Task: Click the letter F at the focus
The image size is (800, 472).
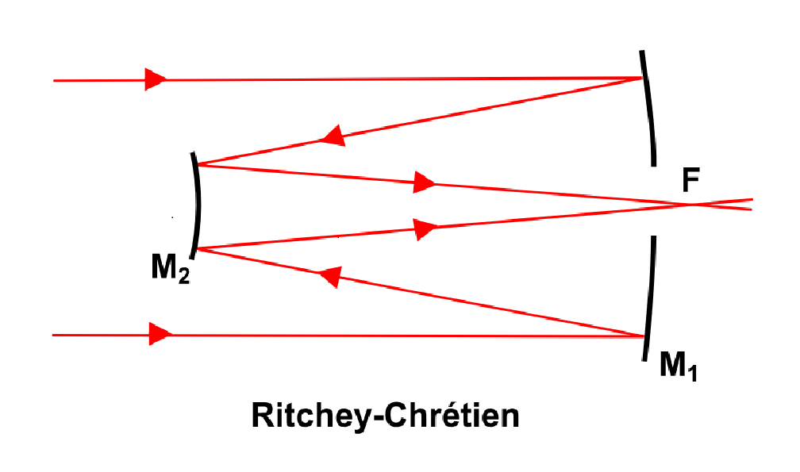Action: (690, 180)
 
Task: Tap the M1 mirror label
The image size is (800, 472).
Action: (678, 366)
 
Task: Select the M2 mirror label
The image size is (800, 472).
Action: (171, 268)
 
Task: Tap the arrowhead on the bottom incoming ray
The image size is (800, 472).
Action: (160, 335)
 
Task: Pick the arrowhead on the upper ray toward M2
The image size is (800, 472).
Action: (333, 136)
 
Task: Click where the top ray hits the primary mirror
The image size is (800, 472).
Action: (643, 78)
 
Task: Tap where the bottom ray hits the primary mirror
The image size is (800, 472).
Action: (646, 336)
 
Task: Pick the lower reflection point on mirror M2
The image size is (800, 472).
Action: (197, 249)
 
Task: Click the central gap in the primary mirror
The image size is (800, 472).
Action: (654, 201)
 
